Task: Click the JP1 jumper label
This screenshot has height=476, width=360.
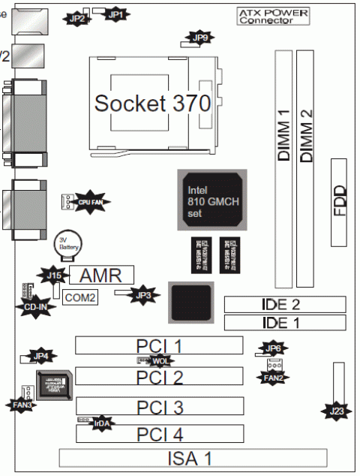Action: tap(115, 14)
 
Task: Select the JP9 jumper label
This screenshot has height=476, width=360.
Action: tap(200, 38)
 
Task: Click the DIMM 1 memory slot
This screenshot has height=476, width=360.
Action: tap(283, 169)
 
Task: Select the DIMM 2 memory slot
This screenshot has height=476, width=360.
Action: tap(306, 169)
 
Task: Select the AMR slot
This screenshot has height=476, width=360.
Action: tap(101, 273)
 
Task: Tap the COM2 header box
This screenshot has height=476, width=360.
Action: tap(80, 298)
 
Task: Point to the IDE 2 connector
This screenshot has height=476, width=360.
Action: tap(284, 304)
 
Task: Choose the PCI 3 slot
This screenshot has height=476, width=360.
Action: tap(159, 406)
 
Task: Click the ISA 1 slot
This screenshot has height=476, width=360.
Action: tap(193, 458)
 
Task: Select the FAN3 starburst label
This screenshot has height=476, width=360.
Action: tap(22, 405)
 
